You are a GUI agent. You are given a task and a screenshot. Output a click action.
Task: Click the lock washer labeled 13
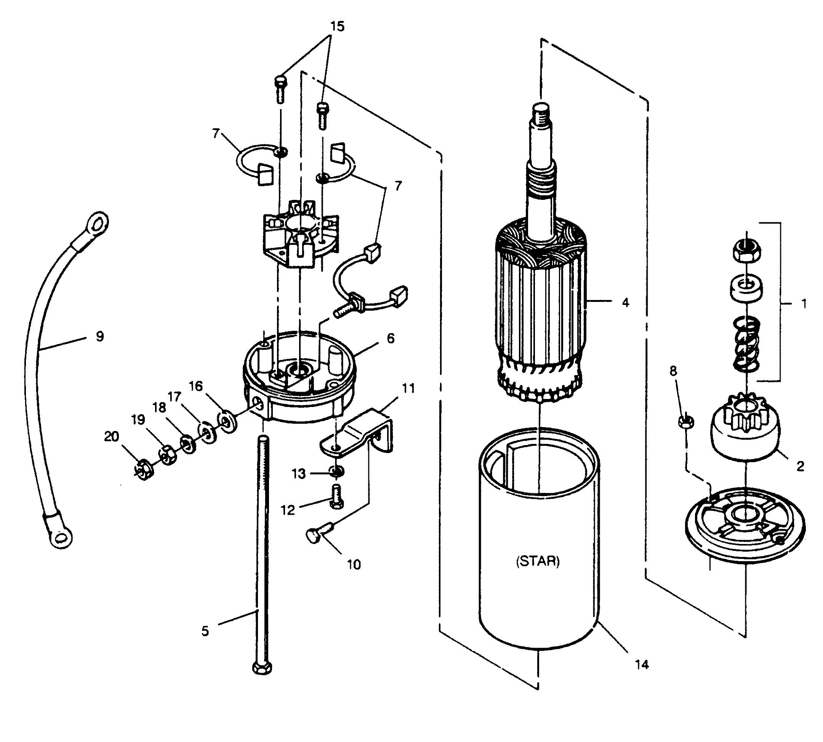pyautogui.click(x=336, y=471)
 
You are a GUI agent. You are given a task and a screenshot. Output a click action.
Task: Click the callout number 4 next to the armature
pyautogui.click(x=626, y=303)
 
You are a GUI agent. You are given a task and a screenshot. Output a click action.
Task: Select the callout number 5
pyautogui.click(x=205, y=631)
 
